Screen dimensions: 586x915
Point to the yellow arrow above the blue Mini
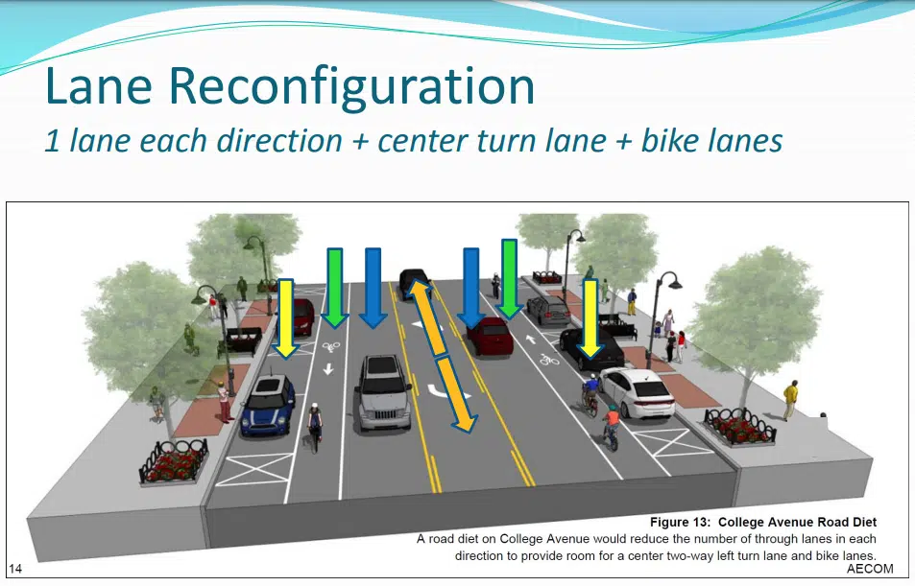284,316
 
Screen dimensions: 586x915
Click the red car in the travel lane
489,336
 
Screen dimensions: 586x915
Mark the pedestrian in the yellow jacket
790,398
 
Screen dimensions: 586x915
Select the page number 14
15,569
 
